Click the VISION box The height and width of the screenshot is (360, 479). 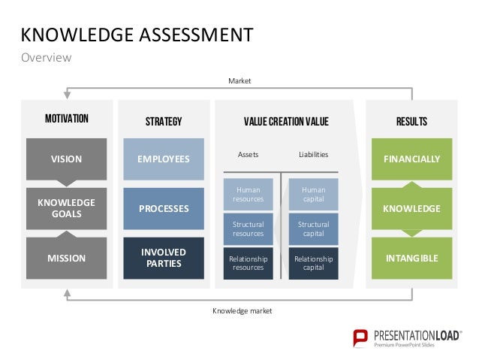pyautogui.click(x=66, y=159)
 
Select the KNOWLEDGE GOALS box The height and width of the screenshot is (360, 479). pyautogui.click(x=66, y=208)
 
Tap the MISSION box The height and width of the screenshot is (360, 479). pyautogui.click(x=66, y=258)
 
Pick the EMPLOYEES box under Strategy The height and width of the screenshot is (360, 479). pyautogui.click(x=164, y=159)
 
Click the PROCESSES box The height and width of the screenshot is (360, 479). pyautogui.click(x=164, y=208)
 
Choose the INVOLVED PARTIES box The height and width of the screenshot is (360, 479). pyautogui.click(x=164, y=258)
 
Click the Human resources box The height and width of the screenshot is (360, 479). pyautogui.click(x=248, y=195)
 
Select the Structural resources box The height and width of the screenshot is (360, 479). pyautogui.click(x=248, y=228)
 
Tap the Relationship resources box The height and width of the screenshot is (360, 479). pyautogui.click(x=248, y=263)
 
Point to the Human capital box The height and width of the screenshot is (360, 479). pyautogui.click(x=314, y=195)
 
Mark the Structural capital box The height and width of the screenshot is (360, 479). pyautogui.click(x=314, y=228)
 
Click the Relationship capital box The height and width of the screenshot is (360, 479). pyautogui.click(x=314, y=263)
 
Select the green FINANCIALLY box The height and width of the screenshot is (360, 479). pyautogui.click(x=412, y=159)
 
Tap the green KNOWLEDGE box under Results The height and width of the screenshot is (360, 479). pyautogui.click(x=412, y=208)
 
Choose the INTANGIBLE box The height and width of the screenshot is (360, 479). pyautogui.click(x=412, y=258)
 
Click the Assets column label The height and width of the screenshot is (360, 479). pyautogui.click(x=248, y=155)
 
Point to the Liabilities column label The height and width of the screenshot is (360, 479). pyautogui.click(x=314, y=155)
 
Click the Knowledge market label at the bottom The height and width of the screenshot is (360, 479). pyautogui.click(x=242, y=310)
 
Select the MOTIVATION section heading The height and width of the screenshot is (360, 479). pyautogui.click(x=67, y=119)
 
